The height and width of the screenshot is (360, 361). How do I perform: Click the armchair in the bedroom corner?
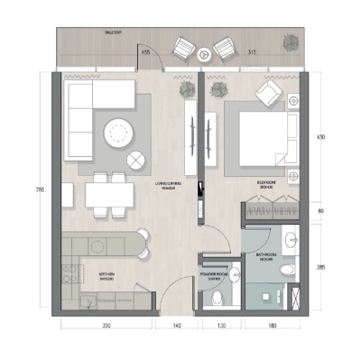tap(269, 95)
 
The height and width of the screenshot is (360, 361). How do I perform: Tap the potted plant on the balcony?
tap(291, 42)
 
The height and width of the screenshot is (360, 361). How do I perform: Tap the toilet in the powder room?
tap(226, 290)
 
